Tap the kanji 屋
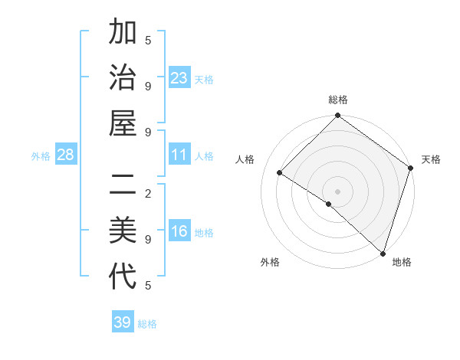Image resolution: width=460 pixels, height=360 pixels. (x=123, y=124)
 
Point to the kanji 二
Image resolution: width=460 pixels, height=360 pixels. (x=123, y=185)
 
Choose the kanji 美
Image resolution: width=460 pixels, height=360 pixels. (x=123, y=230)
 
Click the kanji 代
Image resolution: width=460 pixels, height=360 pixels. (x=123, y=277)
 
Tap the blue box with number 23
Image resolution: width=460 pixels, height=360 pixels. (x=179, y=78)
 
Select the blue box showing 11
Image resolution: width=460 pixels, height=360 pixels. (x=179, y=155)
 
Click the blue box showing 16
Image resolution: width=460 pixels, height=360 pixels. (x=179, y=231)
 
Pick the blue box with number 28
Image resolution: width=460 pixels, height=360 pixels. (x=66, y=155)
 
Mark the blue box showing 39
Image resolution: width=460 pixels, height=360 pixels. (x=123, y=322)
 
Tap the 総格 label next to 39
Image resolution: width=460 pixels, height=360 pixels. (x=148, y=324)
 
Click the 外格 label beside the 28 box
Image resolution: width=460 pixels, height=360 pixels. (x=41, y=156)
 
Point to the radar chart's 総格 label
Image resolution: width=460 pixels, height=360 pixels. (x=338, y=100)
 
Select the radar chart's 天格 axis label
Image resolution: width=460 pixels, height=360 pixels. (x=432, y=159)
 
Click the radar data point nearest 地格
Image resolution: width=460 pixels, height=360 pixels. (x=382, y=253)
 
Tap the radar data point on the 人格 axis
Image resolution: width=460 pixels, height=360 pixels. (x=280, y=173)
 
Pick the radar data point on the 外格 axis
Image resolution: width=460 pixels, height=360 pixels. (x=328, y=205)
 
